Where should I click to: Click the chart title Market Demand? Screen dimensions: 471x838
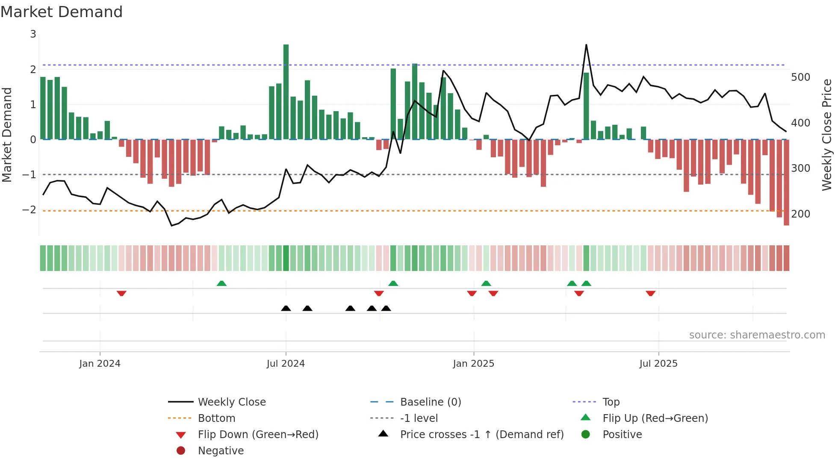tap(62, 12)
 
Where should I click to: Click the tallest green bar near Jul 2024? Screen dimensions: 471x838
tap(286, 92)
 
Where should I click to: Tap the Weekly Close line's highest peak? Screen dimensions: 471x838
tap(586, 45)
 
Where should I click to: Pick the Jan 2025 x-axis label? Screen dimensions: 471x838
tap(473, 364)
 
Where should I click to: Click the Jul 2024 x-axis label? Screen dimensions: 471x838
tap(286, 364)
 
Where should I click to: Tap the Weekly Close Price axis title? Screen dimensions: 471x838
tap(827, 135)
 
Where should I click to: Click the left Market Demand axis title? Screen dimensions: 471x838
tap(7, 135)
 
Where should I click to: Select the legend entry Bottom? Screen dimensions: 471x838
tap(216, 418)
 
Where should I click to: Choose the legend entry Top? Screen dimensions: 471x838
tap(611, 402)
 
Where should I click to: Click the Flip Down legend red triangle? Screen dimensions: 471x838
tap(181, 435)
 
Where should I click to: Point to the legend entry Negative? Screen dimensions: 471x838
tap(221, 450)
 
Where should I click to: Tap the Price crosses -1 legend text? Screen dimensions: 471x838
tap(482, 434)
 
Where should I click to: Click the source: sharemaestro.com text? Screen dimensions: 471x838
tap(757, 335)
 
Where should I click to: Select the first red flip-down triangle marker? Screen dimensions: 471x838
tap(121, 293)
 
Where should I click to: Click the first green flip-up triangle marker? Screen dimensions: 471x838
tap(221, 283)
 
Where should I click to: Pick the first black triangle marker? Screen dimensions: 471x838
tap(286, 308)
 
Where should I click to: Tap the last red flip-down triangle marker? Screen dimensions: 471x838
tap(651, 293)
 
